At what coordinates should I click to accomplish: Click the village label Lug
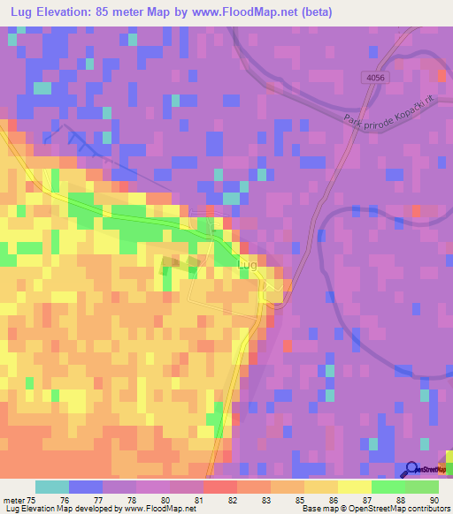248,265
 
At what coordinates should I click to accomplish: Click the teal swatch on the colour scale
52,487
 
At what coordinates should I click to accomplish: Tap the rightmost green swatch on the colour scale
422,487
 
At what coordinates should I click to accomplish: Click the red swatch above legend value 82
219,487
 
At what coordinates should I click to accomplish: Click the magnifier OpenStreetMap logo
413,470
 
